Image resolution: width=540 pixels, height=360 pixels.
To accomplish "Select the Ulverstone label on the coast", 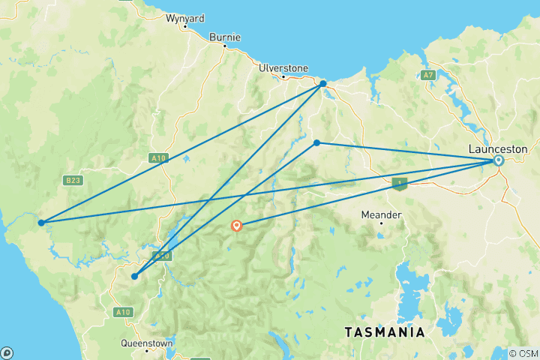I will click(283, 67).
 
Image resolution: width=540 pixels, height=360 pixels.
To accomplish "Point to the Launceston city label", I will click(497, 148).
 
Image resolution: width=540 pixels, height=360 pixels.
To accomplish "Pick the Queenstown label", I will click(146, 343).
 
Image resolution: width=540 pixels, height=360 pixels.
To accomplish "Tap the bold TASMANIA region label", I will click(384, 331).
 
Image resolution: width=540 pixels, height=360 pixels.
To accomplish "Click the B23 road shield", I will click(73, 180).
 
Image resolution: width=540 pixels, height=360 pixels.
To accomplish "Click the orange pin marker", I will click(237, 224).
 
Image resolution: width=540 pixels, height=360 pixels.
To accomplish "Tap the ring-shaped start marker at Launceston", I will click(498, 160).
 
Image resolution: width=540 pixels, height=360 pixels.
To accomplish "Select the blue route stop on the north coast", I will click(322, 83).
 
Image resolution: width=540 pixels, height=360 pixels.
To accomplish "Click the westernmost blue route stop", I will click(41, 222).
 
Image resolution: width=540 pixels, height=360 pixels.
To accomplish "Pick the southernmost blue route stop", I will click(134, 276).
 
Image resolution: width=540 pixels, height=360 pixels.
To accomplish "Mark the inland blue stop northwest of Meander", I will click(316, 142).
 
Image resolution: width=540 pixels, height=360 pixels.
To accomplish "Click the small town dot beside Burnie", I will click(223, 46).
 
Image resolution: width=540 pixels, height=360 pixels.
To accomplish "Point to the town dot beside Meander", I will click(380, 223).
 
